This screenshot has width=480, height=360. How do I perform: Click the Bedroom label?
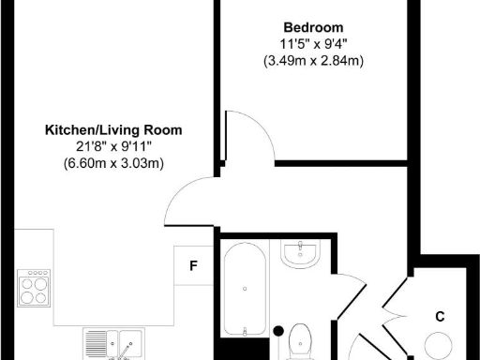(312, 27)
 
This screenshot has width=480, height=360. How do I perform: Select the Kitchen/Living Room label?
(113, 130)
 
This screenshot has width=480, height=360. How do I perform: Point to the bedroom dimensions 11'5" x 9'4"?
(312, 44)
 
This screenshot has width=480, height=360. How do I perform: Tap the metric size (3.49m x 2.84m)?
(312, 61)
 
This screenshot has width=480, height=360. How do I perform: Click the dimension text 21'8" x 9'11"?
(113, 147)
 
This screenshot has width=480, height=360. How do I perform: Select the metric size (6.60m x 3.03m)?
(113, 164)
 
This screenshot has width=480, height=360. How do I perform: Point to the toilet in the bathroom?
(302, 339)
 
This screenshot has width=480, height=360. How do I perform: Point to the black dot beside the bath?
(278, 329)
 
